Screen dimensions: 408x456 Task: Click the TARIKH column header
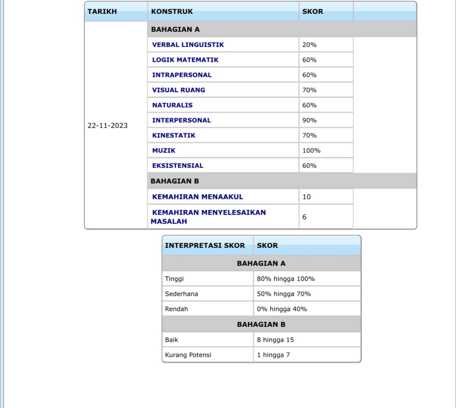coord(102,11)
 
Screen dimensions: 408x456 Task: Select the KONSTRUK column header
coord(172,11)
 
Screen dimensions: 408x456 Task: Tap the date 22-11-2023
coord(108,125)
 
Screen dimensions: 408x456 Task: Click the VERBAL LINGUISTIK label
coord(188,45)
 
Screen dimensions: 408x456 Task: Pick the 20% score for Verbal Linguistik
coord(309,45)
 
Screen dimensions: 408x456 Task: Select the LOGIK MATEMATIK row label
coord(185,60)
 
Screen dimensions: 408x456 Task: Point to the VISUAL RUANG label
coord(178,90)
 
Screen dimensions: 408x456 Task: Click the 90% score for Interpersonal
coord(309,120)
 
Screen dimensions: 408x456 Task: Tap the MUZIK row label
coord(164,150)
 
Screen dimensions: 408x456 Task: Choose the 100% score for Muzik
coord(311,150)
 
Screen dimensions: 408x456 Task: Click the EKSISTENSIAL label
coord(177,166)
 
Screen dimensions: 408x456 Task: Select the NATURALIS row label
coord(172,105)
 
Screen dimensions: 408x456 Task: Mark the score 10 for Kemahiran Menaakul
coord(306,197)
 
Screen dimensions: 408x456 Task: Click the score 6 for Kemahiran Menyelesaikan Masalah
coord(304,217)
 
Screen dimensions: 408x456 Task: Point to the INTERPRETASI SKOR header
coord(205,246)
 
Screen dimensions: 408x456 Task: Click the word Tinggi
coord(174,279)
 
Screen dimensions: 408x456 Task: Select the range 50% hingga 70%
coord(284,294)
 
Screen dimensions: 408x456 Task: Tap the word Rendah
coord(176,309)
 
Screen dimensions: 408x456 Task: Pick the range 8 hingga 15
coord(275,340)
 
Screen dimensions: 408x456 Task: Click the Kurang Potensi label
coord(188,355)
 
